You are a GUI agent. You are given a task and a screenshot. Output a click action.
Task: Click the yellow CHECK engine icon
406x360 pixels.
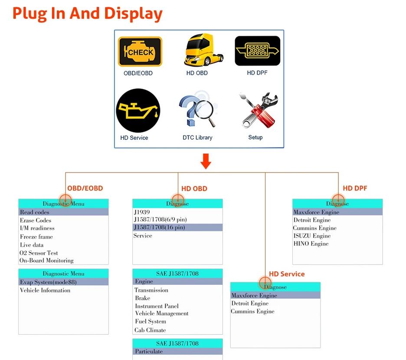tap(140, 51)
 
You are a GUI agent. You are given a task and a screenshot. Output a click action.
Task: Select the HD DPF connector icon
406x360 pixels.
tap(257, 51)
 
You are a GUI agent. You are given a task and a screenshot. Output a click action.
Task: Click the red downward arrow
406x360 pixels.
tap(206, 162)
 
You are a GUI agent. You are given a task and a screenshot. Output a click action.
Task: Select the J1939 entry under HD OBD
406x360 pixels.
tap(142, 212)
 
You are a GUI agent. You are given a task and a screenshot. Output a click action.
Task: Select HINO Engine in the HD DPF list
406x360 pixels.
tap(311, 244)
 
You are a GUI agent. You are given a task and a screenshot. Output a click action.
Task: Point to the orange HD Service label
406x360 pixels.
tap(287, 274)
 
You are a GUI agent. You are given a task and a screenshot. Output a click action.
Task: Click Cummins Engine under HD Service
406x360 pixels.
tap(252, 311)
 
